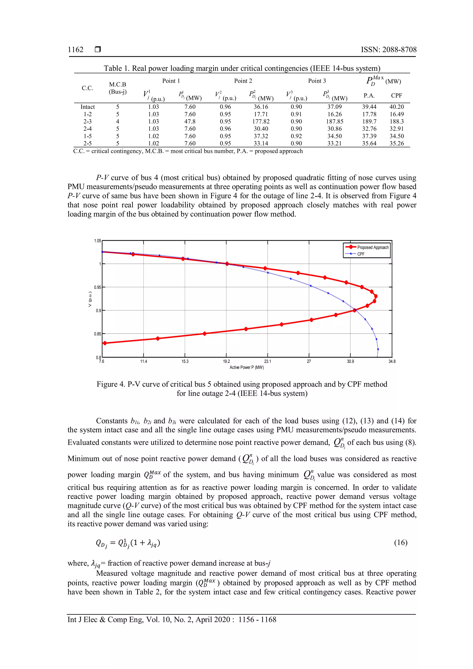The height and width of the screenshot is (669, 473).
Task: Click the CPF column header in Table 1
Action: click(396, 96)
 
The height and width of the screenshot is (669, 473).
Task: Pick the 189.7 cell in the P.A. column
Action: click(369, 122)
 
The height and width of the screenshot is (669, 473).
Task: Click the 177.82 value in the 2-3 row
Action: click(261, 122)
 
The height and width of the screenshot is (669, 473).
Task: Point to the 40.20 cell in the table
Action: click(396, 107)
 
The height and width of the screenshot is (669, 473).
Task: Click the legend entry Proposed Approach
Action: click(373, 247)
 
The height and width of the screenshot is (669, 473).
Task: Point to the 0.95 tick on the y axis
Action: click(97, 287)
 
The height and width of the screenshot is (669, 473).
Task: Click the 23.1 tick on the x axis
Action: click(267, 361)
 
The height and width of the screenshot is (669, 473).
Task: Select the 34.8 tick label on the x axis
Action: click(392, 361)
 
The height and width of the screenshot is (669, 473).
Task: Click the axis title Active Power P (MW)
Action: click(247, 368)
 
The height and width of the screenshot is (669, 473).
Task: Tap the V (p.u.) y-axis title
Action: click(90, 299)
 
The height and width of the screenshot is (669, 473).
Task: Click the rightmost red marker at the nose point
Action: click(376, 296)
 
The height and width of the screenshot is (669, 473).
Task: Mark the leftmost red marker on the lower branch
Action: click(105, 343)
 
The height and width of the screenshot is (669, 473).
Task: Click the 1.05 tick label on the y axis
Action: click(97, 241)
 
